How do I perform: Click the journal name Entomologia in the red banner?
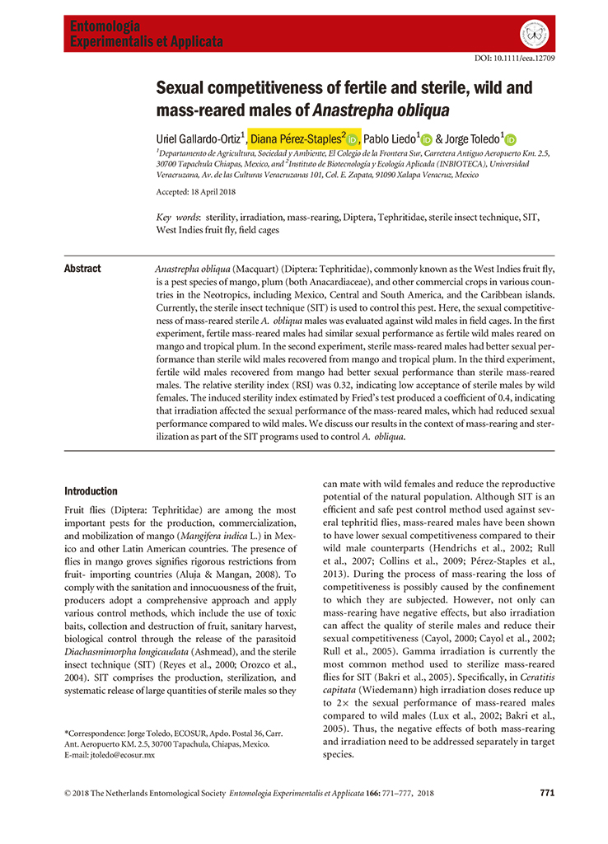[x=105, y=26]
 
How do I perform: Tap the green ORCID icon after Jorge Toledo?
[x=510, y=140]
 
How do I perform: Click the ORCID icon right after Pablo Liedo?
[x=426, y=140]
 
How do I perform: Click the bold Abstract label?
[x=82, y=269]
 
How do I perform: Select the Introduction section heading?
[x=91, y=491]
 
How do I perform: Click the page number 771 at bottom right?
[x=547, y=793]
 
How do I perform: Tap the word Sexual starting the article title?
[x=186, y=89]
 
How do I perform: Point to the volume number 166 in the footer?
[x=373, y=793]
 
